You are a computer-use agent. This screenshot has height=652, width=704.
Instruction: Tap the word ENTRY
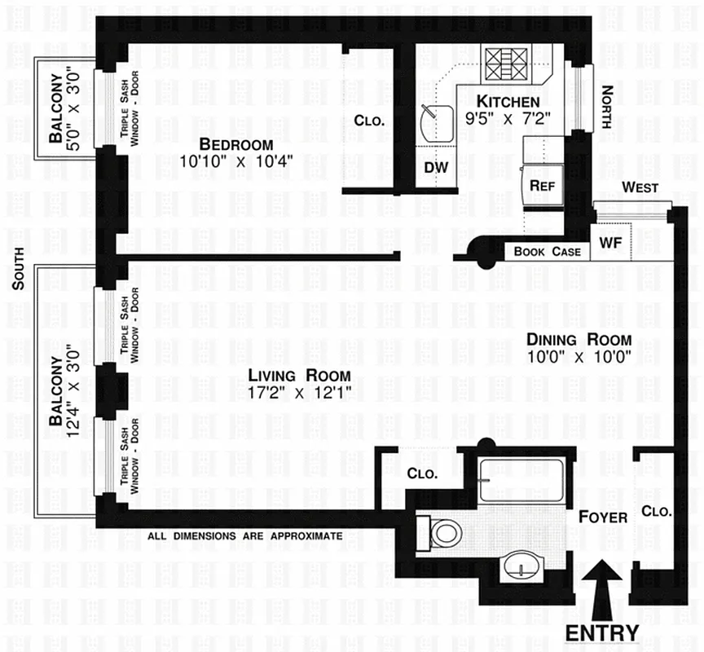pyautogui.click(x=602, y=633)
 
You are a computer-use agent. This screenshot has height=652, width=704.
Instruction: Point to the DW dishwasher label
pyautogui.click(x=436, y=167)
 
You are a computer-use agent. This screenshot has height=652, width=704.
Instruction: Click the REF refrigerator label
pyautogui.click(x=542, y=185)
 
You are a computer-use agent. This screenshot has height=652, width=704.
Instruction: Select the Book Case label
pyautogui.click(x=548, y=252)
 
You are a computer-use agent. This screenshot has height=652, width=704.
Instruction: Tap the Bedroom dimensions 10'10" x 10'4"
pyautogui.click(x=236, y=161)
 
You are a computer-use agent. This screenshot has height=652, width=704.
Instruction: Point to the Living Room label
pyautogui.click(x=299, y=376)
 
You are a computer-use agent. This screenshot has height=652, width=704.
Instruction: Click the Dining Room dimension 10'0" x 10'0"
pyautogui.click(x=579, y=356)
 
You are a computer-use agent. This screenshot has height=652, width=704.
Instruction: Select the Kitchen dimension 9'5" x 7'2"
pyautogui.click(x=508, y=117)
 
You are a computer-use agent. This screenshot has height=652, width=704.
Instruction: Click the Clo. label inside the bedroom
pyautogui.click(x=369, y=121)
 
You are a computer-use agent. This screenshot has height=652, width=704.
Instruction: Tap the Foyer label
pyautogui.click(x=603, y=517)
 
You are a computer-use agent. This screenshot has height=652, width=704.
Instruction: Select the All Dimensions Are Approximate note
pyautogui.click(x=244, y=536)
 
